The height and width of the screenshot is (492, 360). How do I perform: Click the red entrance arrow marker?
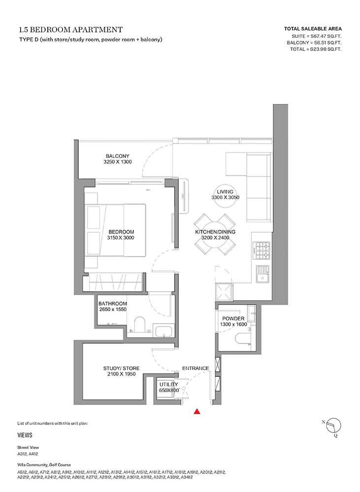click(197, 411)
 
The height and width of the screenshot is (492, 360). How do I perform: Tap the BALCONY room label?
click(118, 156)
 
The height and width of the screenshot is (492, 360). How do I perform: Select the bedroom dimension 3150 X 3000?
click(121, 238)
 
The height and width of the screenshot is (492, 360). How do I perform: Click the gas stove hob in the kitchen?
click(262, 250)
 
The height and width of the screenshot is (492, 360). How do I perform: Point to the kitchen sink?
click(262, 274)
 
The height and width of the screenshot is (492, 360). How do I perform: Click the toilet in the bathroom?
click(139, 324)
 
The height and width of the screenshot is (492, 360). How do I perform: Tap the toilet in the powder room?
click(243, 340)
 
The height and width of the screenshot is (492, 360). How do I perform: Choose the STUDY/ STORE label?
click(121, 368)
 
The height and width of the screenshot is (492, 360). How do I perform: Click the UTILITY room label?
click(169, 384)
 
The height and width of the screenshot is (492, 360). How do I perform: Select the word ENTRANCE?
click(196, 368)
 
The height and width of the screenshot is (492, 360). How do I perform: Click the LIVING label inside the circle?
click(225, 192)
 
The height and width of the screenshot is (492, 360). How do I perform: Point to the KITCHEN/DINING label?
click(215, 232)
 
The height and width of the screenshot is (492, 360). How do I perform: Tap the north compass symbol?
click(333, 426)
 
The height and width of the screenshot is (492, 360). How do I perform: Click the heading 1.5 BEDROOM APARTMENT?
click(71, 30)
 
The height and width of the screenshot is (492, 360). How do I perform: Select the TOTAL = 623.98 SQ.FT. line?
click(316, 49)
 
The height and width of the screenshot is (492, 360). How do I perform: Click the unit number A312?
click(22, 454)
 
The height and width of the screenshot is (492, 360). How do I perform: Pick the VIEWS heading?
click(25, 435)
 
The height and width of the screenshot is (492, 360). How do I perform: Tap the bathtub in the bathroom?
click(163, 332)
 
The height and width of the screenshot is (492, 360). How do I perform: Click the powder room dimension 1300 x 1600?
click(233, 324)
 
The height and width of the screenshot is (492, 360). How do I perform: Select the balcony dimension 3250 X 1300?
click(118, 161)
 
